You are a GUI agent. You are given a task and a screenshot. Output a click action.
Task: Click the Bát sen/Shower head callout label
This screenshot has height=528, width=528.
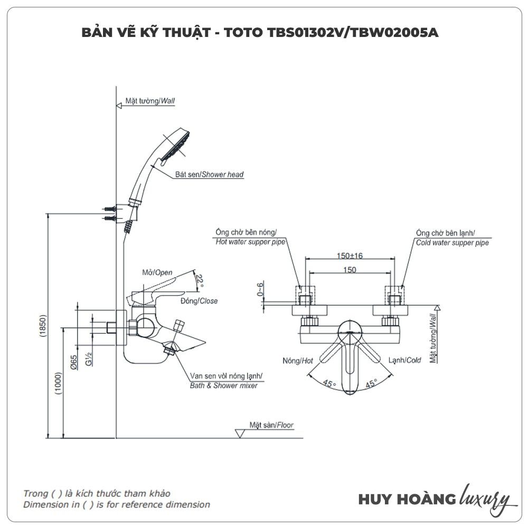tap(210, 174)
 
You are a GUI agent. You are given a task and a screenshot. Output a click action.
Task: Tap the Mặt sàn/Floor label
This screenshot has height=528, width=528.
tap(272, 425)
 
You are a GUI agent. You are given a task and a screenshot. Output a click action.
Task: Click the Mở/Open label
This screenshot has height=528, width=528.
tap(157, 272)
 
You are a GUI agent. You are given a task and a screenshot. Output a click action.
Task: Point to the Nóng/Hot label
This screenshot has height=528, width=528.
tap(298, 361)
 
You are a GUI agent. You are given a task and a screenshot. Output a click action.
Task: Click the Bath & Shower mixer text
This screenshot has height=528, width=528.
tap(223, 385)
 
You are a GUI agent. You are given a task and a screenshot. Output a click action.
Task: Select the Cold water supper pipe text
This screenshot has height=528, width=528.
tap(451, 243)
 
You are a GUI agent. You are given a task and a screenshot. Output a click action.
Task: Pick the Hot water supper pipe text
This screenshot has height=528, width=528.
tap(251, 242)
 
